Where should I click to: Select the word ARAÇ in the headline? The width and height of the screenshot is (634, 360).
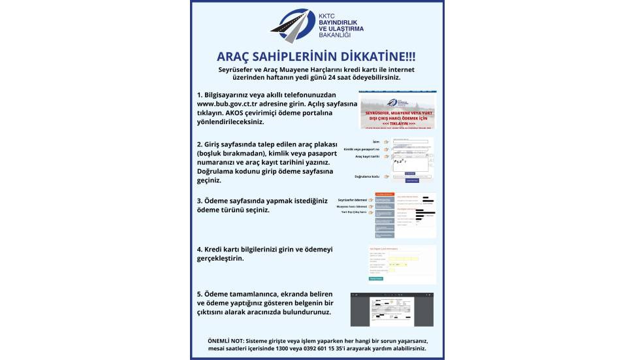pos(240,57)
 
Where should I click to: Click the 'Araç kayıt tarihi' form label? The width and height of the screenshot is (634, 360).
pos(368,157)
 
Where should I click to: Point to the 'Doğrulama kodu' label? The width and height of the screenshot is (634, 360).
pos(367,176)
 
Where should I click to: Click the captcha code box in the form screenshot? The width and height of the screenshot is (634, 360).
pos(409,164)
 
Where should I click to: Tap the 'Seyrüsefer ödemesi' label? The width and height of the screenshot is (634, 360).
pos(352,199)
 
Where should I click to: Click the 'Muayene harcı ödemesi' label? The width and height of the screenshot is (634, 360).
pos(352,206)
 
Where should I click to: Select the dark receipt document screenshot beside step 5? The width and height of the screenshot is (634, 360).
pos(392,309)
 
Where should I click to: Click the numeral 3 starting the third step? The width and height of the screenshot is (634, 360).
pos(199,201)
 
